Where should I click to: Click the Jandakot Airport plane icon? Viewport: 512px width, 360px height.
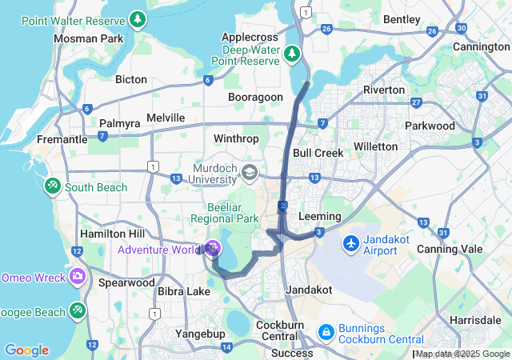pos(351,242)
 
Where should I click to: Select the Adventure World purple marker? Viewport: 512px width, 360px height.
pos(212,249)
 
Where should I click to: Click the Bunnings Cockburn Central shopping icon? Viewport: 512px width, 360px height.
pos(326,330)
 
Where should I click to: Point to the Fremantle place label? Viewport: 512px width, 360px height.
pos(62,139)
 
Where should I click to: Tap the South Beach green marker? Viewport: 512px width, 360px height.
pos(53,186)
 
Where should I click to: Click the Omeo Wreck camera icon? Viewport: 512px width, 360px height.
pos(78,277)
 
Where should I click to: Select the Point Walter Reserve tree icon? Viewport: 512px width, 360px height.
pos(138,18)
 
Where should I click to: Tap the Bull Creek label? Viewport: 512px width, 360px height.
pos(318,153)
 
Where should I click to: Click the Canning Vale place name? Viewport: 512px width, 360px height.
pos(449,249)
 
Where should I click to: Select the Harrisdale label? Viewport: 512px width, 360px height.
pos(475,319)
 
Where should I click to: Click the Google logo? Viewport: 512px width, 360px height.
pos(26,350)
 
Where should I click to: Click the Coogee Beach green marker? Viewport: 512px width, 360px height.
pos(78,309)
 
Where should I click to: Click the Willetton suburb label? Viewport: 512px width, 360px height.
pos(375,146)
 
